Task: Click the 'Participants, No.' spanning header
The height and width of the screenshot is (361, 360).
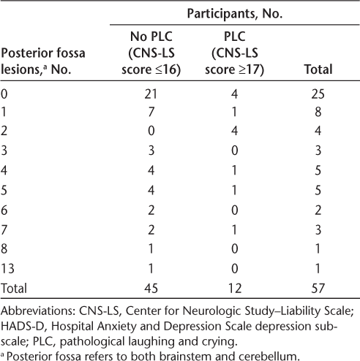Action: point(235,14)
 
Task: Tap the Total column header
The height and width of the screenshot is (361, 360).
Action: point(318,69)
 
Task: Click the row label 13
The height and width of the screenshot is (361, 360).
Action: point(7,268)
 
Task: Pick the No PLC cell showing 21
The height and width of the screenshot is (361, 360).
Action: point(151,94)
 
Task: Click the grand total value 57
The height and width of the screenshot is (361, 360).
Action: point(318,288)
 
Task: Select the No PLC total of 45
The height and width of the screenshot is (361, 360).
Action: point(151,288)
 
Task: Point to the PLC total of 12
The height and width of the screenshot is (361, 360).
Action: point(235,288)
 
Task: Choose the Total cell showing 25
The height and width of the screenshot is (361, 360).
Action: point(318,94)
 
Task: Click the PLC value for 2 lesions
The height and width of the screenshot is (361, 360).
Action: point(235,131)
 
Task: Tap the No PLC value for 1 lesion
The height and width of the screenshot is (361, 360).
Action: point(151,112)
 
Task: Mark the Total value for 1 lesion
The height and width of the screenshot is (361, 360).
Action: point(318,112)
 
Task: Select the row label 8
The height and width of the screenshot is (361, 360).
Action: point(4,248)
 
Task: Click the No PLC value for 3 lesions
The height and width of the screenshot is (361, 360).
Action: point(151,151)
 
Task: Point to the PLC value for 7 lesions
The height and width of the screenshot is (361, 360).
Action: point(235,229)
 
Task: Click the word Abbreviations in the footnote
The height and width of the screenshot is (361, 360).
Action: point(38,311)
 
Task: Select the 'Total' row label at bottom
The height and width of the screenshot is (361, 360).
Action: point(14,288)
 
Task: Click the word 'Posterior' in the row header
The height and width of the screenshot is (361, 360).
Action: point(25,53)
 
